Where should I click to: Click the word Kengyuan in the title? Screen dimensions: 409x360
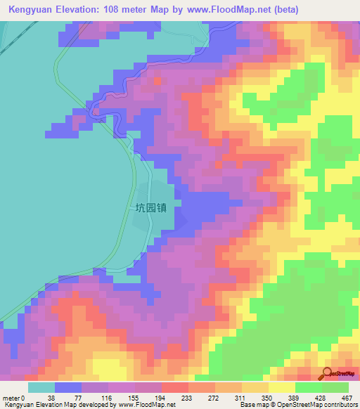[30, 10]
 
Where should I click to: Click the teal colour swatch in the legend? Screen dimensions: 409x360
[41, 388]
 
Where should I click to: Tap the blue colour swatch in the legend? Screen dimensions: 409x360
[68, 388]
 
